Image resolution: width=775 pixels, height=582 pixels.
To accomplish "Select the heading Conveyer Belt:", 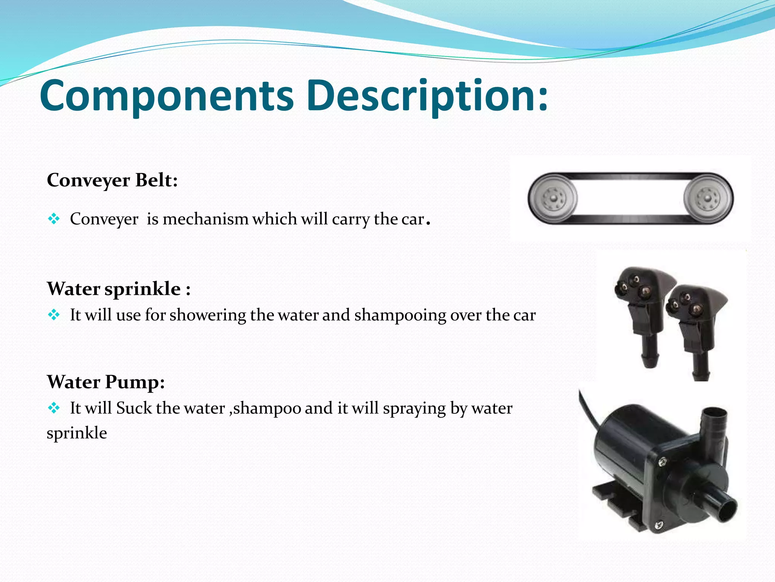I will (112, 180).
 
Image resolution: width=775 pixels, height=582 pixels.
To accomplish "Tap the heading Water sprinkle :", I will (118, 289).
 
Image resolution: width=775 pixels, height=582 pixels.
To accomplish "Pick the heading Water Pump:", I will (106, 382).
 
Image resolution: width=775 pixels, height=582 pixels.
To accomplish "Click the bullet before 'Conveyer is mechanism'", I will (54, 219).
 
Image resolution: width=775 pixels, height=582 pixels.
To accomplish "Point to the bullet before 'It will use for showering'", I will (54, 315).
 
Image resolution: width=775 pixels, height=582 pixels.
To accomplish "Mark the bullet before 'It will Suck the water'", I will (54, 408).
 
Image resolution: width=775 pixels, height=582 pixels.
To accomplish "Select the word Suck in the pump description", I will (134, 408).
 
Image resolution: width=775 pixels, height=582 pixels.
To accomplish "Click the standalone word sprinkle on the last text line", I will (77, 433).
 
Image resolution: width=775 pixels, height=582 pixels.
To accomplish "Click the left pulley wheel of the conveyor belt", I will (552, 199).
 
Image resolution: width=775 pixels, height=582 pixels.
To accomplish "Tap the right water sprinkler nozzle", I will (693, 322).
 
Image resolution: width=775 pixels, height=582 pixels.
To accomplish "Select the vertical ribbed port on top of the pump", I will (714, 424).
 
